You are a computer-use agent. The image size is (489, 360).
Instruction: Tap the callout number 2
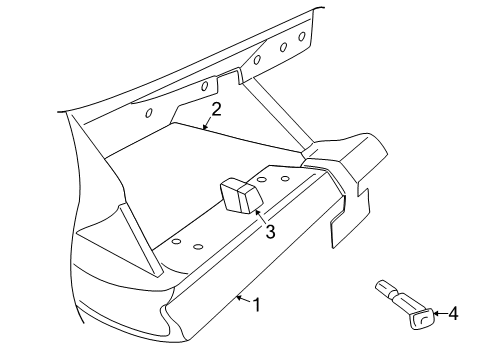click(x=215, y=110)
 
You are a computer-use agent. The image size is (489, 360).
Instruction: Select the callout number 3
click(x=269, y=232)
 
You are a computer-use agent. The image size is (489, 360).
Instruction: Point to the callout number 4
click(x=452, y=314)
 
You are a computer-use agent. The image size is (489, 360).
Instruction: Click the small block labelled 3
click(x=237, y=196)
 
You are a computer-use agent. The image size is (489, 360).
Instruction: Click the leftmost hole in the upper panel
click(x=151, y=112)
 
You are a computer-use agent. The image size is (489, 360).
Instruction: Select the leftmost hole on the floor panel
click(x=176, y=241)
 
